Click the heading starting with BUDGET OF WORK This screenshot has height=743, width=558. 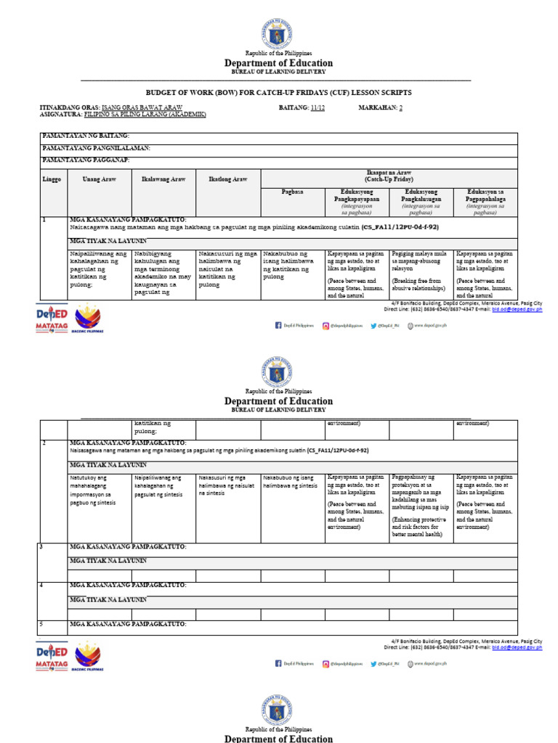pos(279,93)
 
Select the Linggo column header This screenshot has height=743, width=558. pos(52,178)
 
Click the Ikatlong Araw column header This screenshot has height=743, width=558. pos(228,178)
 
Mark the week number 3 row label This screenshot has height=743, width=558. pos(43,546)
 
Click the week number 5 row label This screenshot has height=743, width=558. pos(43,623)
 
